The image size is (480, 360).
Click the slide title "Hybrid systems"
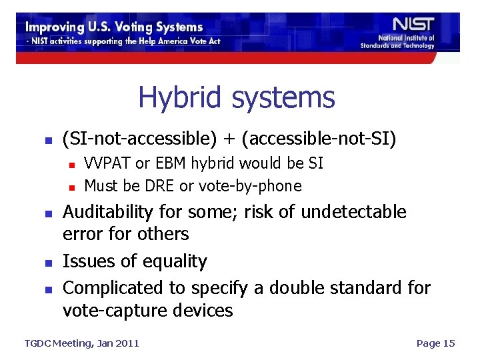(236, 98)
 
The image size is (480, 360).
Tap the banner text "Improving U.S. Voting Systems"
(114, 27)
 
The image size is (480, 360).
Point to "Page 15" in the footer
(435, 343)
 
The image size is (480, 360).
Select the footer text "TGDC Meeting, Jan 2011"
(81, 343)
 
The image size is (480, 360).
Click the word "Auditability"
(107, 212)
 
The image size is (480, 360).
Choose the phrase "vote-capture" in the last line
(107, 310)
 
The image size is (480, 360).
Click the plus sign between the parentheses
(229, 139)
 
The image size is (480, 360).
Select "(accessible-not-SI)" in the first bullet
(319, 139)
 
